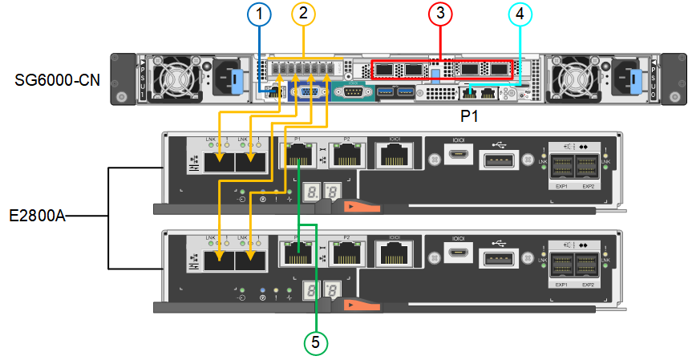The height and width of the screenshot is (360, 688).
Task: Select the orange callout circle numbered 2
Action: [302, 14]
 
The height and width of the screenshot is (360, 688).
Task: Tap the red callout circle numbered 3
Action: [439, 14]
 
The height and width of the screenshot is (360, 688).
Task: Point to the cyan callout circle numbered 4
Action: [520, 14]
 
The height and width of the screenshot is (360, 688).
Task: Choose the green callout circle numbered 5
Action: [315, 342]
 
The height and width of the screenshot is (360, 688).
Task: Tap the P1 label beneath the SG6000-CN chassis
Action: [469, 116]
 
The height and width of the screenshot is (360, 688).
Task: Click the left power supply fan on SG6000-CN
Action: [174, 78]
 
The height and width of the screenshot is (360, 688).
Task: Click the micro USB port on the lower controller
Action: [459, 256]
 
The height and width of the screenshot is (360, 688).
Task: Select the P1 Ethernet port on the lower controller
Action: [298, 255]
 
